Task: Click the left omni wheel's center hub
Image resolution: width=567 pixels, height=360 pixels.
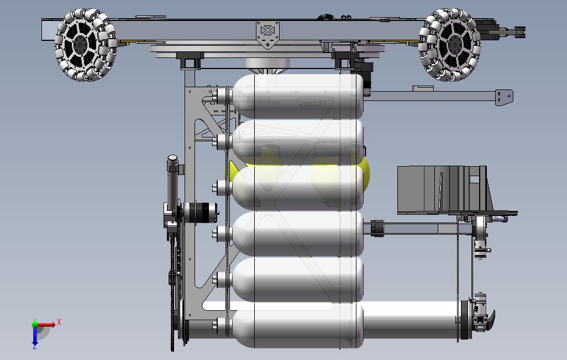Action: (x=80, y=45)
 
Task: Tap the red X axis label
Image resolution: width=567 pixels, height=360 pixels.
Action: (x=59, y=322)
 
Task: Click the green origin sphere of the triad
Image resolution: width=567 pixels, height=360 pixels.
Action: (x=35, y=324)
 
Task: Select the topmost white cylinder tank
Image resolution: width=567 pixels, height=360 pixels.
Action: (x=297, y=96)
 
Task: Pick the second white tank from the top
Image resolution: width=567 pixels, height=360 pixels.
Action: (x=297, y=142)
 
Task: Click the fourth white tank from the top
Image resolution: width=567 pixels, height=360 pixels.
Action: (x=297, y=234)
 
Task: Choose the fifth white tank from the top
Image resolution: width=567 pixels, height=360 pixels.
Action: (x=297, y=280)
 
